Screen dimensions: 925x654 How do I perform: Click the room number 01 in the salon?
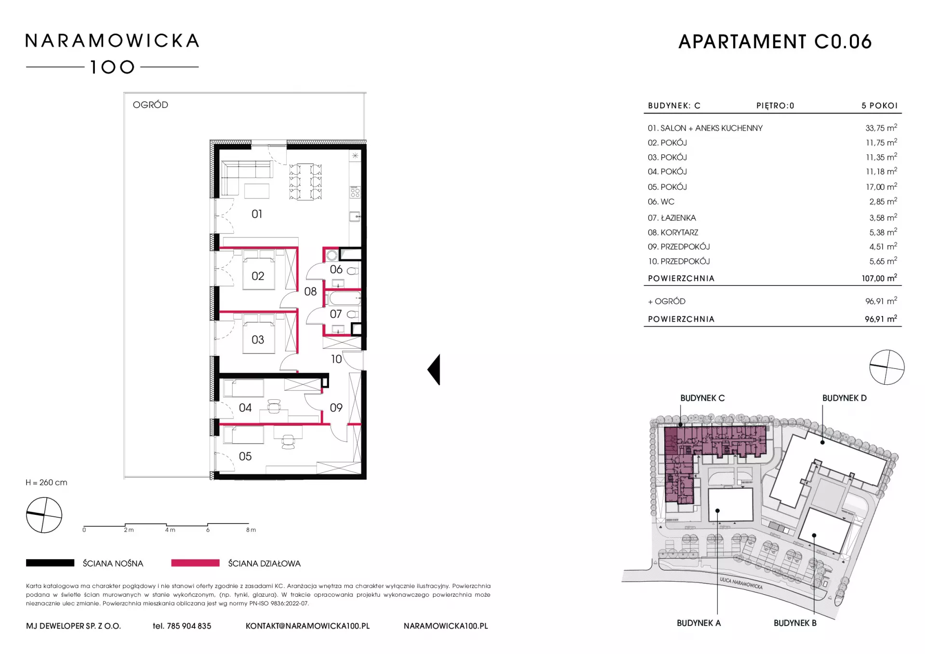[257, 214]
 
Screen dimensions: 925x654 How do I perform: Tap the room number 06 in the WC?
[336, 270]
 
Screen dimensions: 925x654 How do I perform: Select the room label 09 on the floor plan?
[336, 408]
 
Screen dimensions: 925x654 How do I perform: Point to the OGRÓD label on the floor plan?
[150, 105]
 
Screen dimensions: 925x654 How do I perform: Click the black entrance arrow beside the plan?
[434, 369]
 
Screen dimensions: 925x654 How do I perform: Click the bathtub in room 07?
[344, 299]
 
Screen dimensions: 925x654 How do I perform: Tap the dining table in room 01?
[305, 182]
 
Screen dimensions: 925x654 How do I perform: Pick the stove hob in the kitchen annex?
[356, 193]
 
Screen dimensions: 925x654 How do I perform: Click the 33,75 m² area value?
[881, 128]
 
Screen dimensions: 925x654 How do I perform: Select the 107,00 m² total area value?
[879, 278]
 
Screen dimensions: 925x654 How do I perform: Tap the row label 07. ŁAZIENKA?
[672, 218]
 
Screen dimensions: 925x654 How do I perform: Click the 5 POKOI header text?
[879, 105]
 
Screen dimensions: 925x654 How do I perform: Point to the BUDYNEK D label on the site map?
[844, 398]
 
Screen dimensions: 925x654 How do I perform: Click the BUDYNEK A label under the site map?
[699, 623]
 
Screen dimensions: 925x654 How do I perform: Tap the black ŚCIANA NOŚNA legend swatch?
[50, 562]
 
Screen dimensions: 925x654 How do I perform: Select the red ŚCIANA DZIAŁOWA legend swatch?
[195, 562]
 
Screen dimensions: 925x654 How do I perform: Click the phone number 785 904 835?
[189, 626]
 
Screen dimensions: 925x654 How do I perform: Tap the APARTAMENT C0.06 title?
[775, 42]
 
